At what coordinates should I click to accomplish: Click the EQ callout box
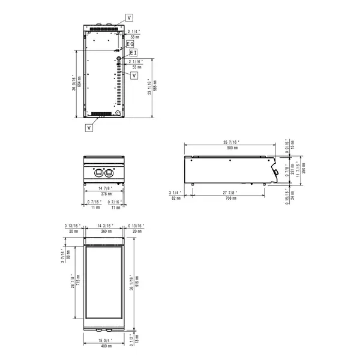131,44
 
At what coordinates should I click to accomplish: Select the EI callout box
133,53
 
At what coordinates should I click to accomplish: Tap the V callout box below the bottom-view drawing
89,128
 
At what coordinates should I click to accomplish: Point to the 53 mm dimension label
136,67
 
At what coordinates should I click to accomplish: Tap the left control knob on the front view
98,173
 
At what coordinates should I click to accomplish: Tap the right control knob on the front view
109,173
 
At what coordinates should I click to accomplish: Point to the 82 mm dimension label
175,197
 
